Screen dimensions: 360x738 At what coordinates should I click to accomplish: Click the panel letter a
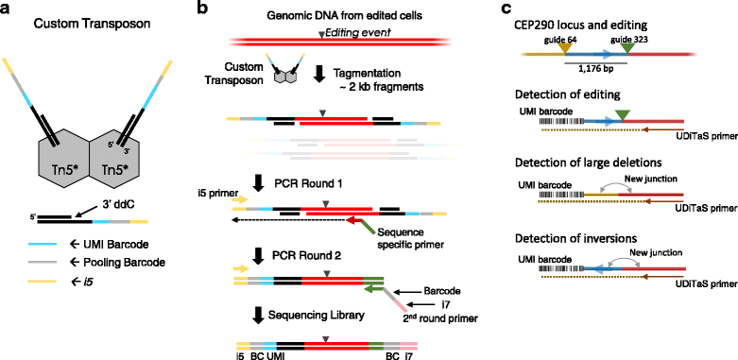point(9,9)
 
